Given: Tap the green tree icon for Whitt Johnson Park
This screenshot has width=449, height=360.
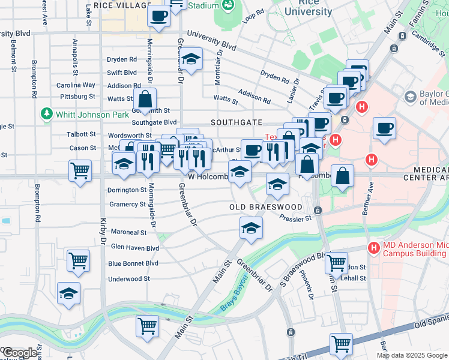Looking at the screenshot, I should (46, 114).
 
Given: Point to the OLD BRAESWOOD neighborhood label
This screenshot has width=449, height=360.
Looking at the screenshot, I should (266, 207).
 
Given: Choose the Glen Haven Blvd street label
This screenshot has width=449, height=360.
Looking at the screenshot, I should (135, 247).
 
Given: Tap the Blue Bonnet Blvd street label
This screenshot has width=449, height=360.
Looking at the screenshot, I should (133, 263).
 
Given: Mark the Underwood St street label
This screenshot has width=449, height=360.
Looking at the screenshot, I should (128, 279).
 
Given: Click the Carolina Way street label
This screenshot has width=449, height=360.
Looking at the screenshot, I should (76, 85).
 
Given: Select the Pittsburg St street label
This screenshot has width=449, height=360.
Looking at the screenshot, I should (76, 96).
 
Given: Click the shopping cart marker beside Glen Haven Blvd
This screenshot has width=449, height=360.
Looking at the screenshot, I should (78, 261).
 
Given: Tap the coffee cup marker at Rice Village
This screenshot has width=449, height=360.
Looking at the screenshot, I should (158, 16).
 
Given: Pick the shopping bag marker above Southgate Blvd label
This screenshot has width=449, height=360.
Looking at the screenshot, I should (145, 99).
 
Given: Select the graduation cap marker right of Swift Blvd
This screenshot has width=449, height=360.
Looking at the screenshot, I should (191, 60).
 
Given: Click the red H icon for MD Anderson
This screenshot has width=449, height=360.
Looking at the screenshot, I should (373, 247).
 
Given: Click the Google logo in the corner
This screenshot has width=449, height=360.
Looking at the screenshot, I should (20, 353).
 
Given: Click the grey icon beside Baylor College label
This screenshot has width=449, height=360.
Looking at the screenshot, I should (411, 97).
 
